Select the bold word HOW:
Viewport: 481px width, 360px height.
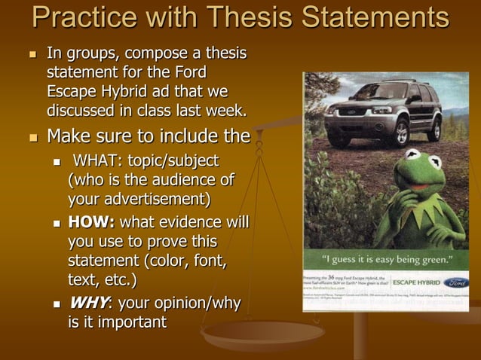pos(91,222)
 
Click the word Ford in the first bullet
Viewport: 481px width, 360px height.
pos(190,74)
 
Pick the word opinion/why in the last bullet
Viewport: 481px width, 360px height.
pos(199,303)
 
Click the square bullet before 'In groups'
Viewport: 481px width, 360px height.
pos(32,55)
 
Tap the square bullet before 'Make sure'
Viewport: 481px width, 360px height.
pos(32,138)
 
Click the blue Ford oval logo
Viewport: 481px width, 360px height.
pos(455,283)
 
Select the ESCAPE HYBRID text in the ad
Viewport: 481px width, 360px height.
pos(416,284)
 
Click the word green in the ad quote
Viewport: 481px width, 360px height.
pos(437,260)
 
